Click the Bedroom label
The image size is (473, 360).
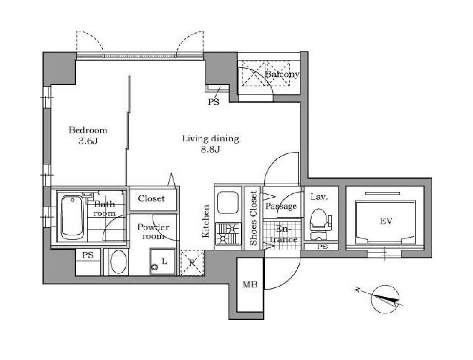(x=88, y=130)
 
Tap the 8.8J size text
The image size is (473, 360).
(x=210, y=149)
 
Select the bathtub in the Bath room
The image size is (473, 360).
(x=72, y=217)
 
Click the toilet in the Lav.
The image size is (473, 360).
(x=320, y=223)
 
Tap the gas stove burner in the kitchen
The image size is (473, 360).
(x=228, y=233)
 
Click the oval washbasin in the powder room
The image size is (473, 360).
(x=117, y=262)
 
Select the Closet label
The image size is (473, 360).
(x=151, y=198)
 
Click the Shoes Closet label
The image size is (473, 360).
(x=253, y=218)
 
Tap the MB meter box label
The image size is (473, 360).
(x=250, y=284)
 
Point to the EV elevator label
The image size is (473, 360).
(x=386, y=221)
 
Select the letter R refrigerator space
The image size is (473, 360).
(x=192, y=263)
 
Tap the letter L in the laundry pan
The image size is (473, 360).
(x=164, y=261)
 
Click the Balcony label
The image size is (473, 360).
(x=282, y=74)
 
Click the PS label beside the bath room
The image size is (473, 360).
(x=88, y=255)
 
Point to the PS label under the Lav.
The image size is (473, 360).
(x=323, y=247)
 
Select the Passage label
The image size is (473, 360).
(x=281, y=206)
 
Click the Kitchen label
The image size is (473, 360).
(x=206, y=221)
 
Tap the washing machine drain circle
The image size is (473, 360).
(x=155, y=267)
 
